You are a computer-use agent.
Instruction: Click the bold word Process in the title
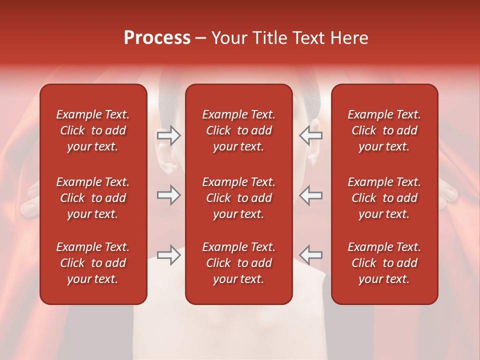[157, 38]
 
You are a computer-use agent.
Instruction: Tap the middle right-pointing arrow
[168, 195]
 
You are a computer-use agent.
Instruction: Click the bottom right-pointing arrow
[168, 255]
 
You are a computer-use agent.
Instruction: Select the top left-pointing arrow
[310, 135]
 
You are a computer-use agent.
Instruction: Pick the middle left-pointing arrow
[310, 195]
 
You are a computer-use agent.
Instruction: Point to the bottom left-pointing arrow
[310, 255]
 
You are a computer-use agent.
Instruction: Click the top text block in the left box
[93, 130]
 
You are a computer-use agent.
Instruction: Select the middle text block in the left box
[93, 198]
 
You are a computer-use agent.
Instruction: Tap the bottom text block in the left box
[93, 263]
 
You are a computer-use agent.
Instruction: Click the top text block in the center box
[238, 130]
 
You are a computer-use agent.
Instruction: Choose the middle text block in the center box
[238, 198]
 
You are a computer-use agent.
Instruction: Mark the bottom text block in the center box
[238, 263]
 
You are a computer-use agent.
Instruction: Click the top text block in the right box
[384, 130]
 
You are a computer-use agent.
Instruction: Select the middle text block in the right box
[384, 198]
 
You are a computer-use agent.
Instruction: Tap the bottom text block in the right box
[384, 263]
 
